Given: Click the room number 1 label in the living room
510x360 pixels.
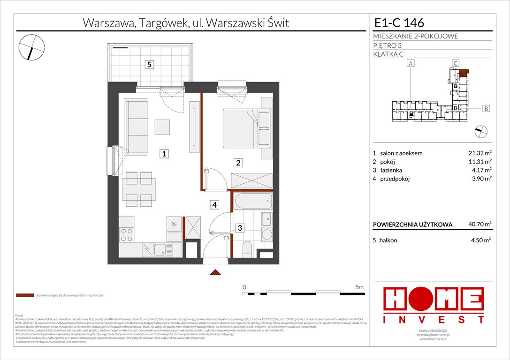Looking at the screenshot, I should pos(163,153).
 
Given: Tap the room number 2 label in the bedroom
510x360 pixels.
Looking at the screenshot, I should pos(238,163).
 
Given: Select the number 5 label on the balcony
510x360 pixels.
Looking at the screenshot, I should pos(149,65).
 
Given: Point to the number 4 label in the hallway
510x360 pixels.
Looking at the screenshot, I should pos(213,204).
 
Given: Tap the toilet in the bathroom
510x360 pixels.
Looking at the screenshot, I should pos(246,248).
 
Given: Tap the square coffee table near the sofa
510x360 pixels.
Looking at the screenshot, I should pos(163,127).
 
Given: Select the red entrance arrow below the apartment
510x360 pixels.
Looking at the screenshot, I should pos(215,272).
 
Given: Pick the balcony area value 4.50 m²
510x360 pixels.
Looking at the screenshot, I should pos(480,240).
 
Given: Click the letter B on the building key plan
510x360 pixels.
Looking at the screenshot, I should pos(486,109).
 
